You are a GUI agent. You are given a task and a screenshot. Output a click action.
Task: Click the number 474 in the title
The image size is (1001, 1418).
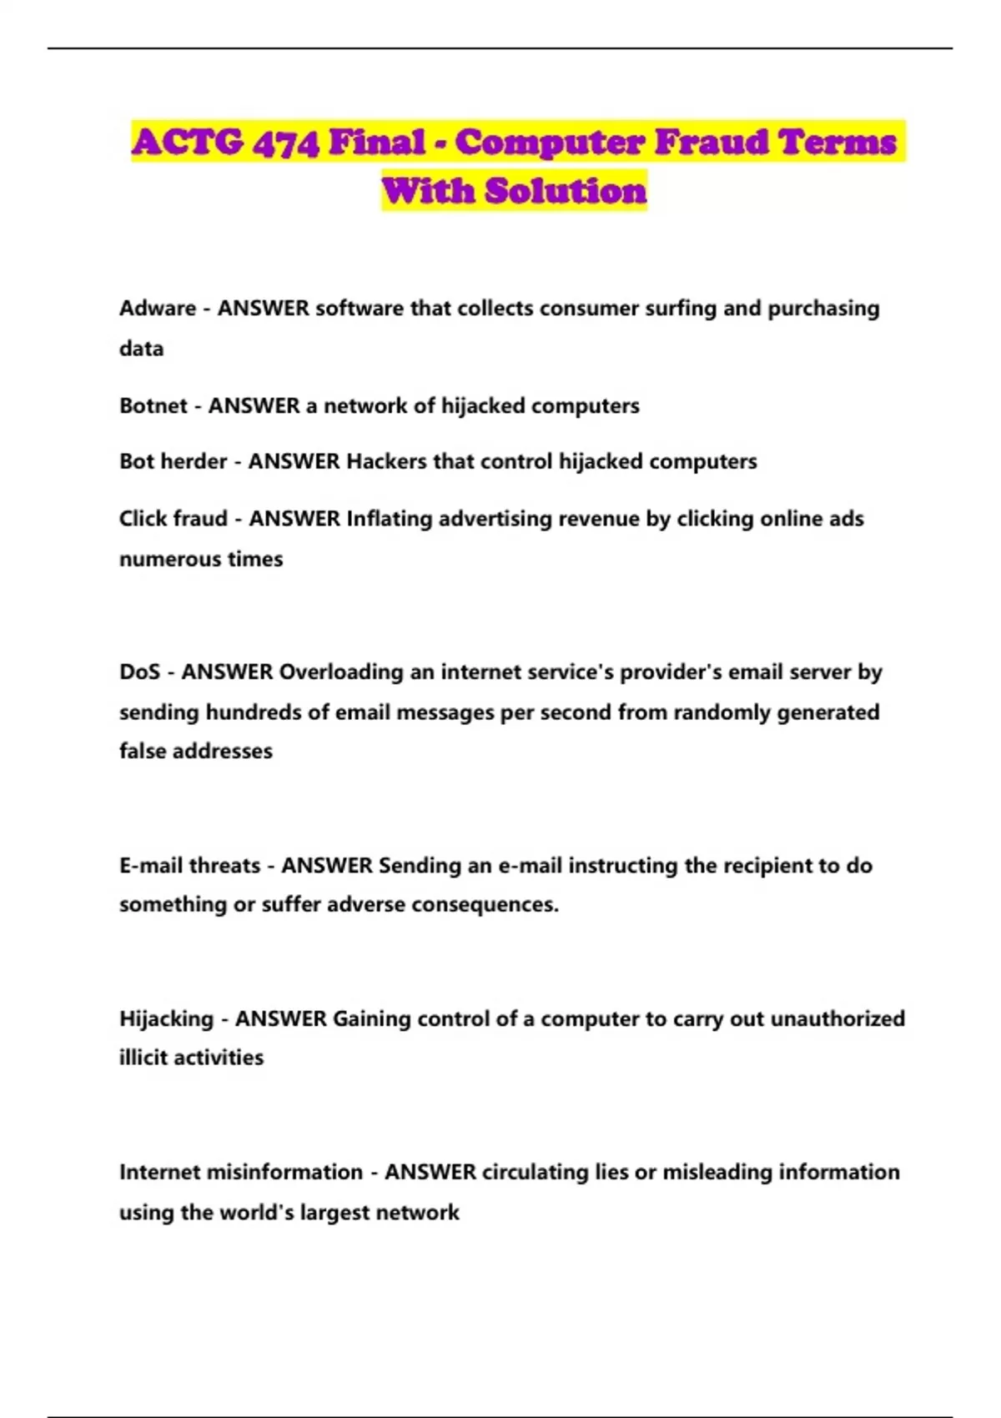click(286, 143)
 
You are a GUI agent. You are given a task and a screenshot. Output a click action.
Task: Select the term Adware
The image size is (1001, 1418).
click(157, 309)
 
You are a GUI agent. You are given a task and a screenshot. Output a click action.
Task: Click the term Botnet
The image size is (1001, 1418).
click(153, 406)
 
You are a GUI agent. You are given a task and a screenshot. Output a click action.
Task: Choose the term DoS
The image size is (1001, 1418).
click(139, 672)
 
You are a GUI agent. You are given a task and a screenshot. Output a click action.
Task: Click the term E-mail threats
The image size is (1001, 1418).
click(189, 866)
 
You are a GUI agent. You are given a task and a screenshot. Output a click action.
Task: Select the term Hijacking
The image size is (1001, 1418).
click(166, 1019)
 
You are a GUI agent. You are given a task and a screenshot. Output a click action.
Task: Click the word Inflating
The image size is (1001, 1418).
click(389, 519)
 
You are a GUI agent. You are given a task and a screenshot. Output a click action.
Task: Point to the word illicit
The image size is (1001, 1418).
click(143, 1058)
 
